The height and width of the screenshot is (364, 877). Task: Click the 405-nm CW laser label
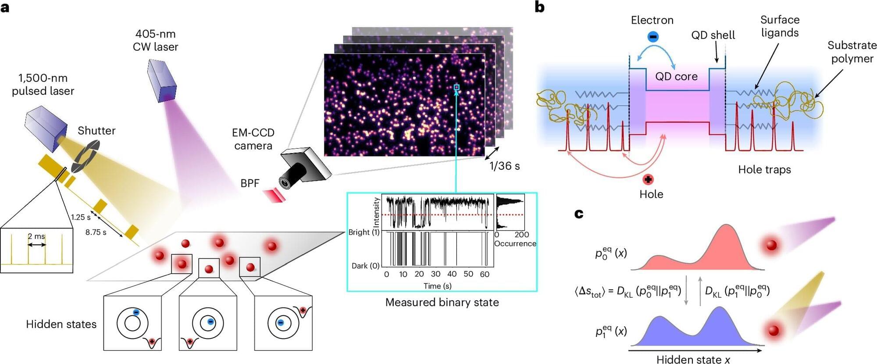pos(155,40)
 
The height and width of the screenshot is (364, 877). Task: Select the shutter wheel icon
pos(85,156)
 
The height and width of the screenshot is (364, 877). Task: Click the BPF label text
pos(250,183)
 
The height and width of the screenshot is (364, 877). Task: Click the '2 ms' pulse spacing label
pos(36,236)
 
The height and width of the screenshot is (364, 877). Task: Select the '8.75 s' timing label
pos(96,232)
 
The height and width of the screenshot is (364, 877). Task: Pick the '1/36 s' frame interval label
pos(504,166)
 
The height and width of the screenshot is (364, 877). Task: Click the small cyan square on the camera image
pos(456,88)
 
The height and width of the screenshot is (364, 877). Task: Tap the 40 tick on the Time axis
pos(452,274)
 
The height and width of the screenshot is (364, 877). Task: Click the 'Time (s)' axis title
pos(438,286)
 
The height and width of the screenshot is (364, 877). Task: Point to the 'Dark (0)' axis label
pos(365,266)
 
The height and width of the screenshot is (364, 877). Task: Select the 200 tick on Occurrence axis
pos(522,235)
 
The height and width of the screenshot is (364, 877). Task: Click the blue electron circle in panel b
pos(652,37)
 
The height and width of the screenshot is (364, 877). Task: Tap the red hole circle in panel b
pos(648,179)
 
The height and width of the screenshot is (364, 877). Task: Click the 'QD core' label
pos(676,76)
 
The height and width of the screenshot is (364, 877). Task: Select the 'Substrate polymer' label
pos(852,52)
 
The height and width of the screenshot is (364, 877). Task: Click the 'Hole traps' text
pos(764,170)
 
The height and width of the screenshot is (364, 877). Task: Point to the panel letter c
pos(579,214)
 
